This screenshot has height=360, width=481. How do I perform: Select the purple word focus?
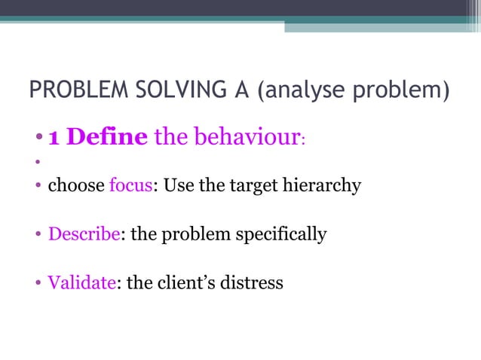point(131,185)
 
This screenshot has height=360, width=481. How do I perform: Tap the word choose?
point(75,185)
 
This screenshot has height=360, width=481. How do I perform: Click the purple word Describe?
point(84,234)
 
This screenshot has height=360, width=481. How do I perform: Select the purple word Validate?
point(81,283)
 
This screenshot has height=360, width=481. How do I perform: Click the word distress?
point(254,283)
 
